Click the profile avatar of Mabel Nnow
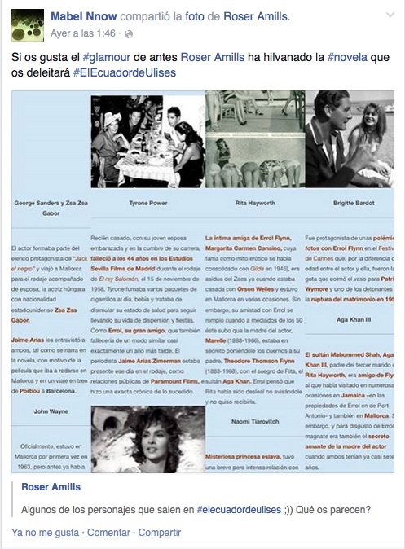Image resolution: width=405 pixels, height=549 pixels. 27,24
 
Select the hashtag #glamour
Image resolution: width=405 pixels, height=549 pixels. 107,58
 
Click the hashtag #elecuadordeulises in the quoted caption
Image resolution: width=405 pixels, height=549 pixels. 239,510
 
